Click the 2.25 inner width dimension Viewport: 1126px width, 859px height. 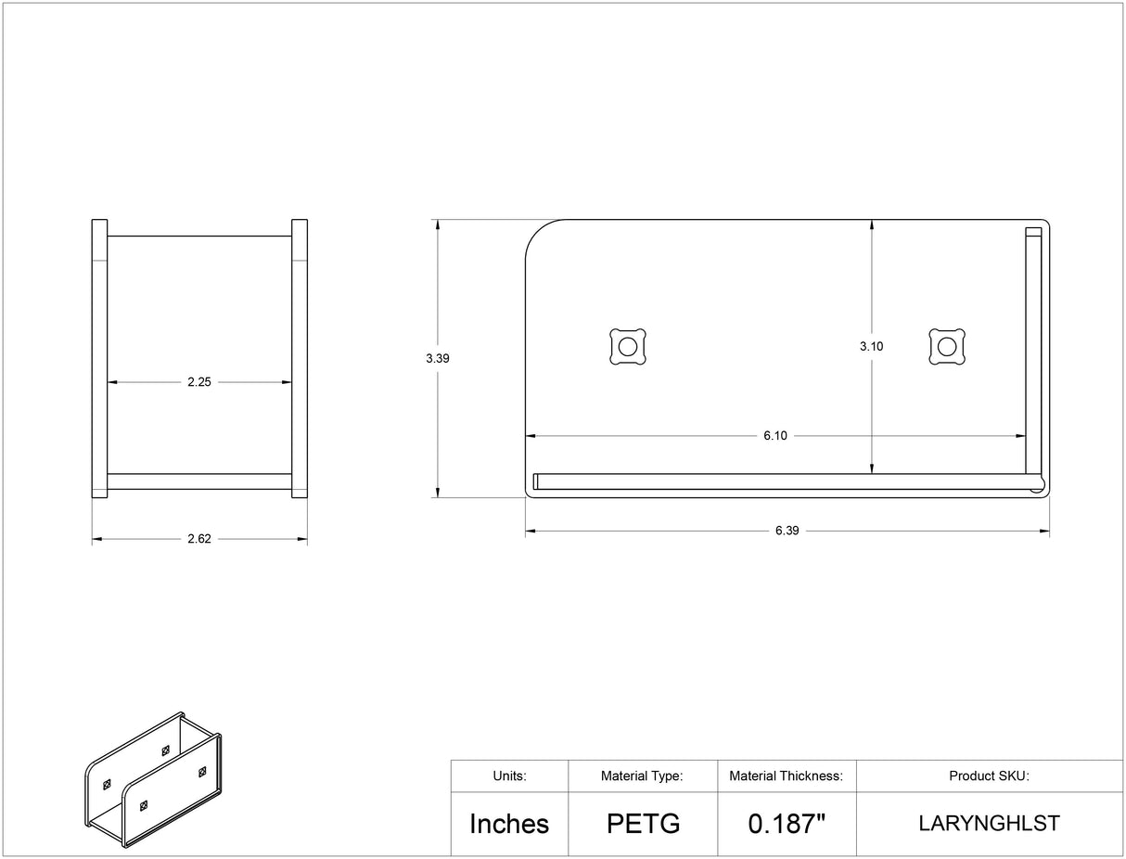[199, 382]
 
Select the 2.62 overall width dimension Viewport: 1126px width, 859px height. [199, 539]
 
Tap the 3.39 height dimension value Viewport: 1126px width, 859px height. [438, 358]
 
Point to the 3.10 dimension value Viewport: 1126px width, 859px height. [872, 347]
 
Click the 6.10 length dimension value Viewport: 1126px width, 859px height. [775, 436]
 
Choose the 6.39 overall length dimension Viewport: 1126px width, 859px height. [787, 531]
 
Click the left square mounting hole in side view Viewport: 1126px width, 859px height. [628, 347]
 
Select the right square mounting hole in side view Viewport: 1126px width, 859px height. [947, 347]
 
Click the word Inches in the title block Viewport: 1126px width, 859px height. [509, 824]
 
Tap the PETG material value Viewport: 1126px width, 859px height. [644, 824]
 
